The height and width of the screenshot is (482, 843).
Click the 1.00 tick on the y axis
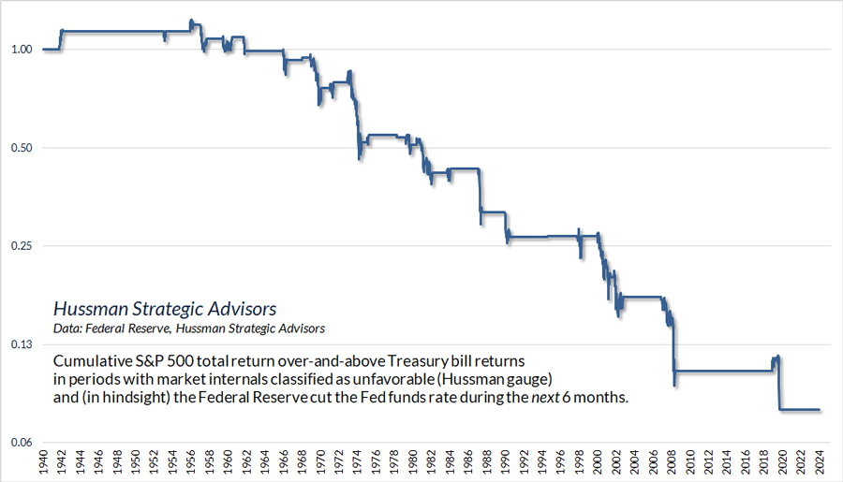click(22, 50)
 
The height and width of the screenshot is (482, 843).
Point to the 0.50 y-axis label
click(22, 148)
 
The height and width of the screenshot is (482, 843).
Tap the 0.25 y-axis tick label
click(22, 246)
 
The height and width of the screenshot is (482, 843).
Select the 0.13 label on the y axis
click(22, 344)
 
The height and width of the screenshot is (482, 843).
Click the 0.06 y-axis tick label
click(22, 443)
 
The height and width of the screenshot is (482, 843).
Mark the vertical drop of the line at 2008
click(673, 351)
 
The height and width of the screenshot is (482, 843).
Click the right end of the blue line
click(820, 410)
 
